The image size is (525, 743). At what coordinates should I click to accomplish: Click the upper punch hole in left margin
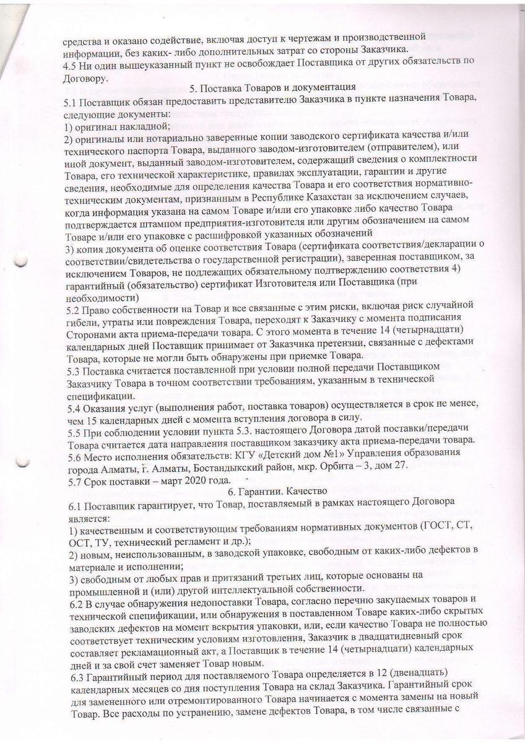coord(23,261)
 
